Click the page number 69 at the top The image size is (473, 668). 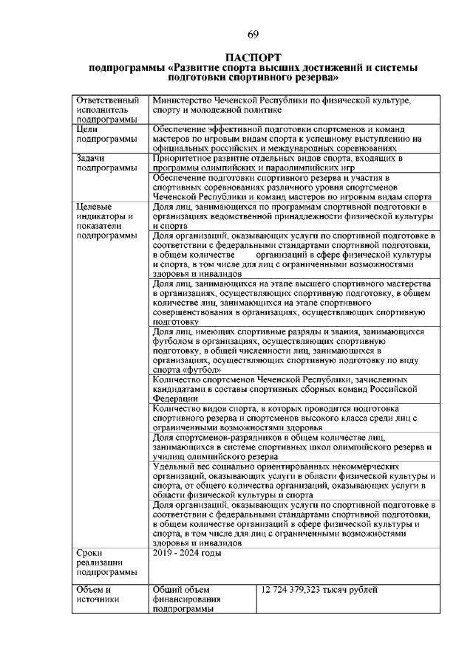click(x=253, y=35)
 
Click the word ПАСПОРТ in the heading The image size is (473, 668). click(x=253, y=58)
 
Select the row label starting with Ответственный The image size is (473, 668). click(x=108, y=109)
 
